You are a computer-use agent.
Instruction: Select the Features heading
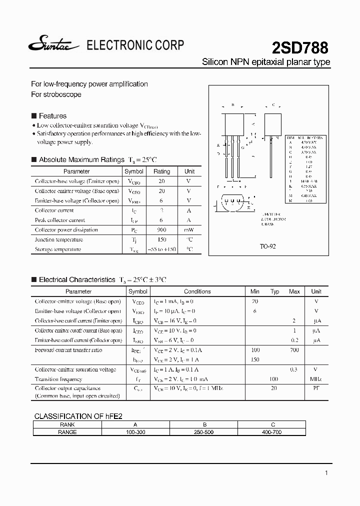coord(52,115)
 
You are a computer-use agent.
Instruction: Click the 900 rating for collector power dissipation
coord(161,230)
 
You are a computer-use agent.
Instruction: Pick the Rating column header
coord(161,171)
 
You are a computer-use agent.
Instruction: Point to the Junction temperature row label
coord(58,239)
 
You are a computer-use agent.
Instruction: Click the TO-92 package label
coord(267,246)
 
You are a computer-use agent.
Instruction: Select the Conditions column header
coord(197,291)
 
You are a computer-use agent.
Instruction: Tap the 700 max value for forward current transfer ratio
coord(294,350)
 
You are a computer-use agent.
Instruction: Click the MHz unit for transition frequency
coord(316,379)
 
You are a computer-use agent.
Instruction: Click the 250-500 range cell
coord(203,431)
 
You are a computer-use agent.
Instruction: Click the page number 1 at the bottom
coord(326,473)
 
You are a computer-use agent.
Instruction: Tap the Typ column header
coord(274,291)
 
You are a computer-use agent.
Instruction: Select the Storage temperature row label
coord(58,249)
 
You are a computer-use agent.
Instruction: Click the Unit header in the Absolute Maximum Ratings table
coord(189,171)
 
